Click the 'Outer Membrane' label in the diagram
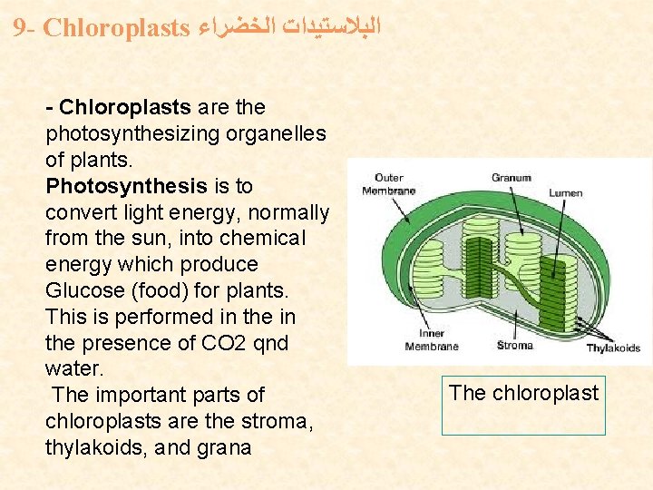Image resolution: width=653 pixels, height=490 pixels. (x=388, y=184)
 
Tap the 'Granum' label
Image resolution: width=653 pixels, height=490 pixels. (x=511, y=178)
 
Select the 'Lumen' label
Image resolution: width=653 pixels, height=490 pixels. (x=565, y=192)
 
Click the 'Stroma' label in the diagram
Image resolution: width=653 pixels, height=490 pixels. (x=515, y=345)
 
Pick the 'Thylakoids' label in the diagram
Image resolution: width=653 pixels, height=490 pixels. (x=613, y=348)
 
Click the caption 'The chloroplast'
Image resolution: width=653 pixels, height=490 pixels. (x=524, y=393)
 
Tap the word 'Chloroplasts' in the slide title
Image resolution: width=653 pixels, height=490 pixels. (x=114, y=27)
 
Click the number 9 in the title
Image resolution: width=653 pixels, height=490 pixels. (x=20, y=27)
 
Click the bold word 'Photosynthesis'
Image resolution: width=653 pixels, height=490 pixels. (x=126, y=186)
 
